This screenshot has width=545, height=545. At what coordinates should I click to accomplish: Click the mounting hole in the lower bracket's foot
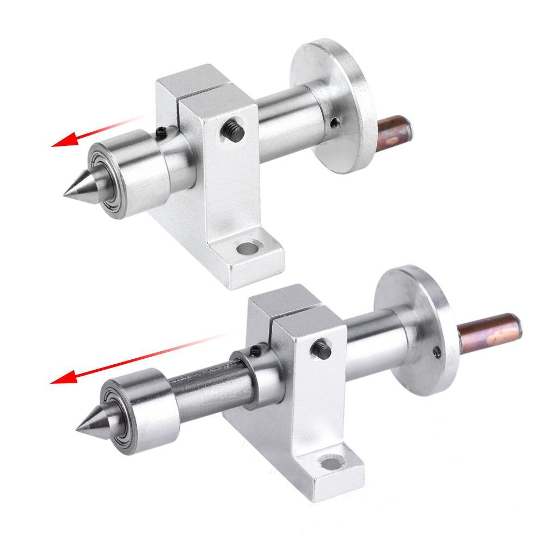tap(329, 464)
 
